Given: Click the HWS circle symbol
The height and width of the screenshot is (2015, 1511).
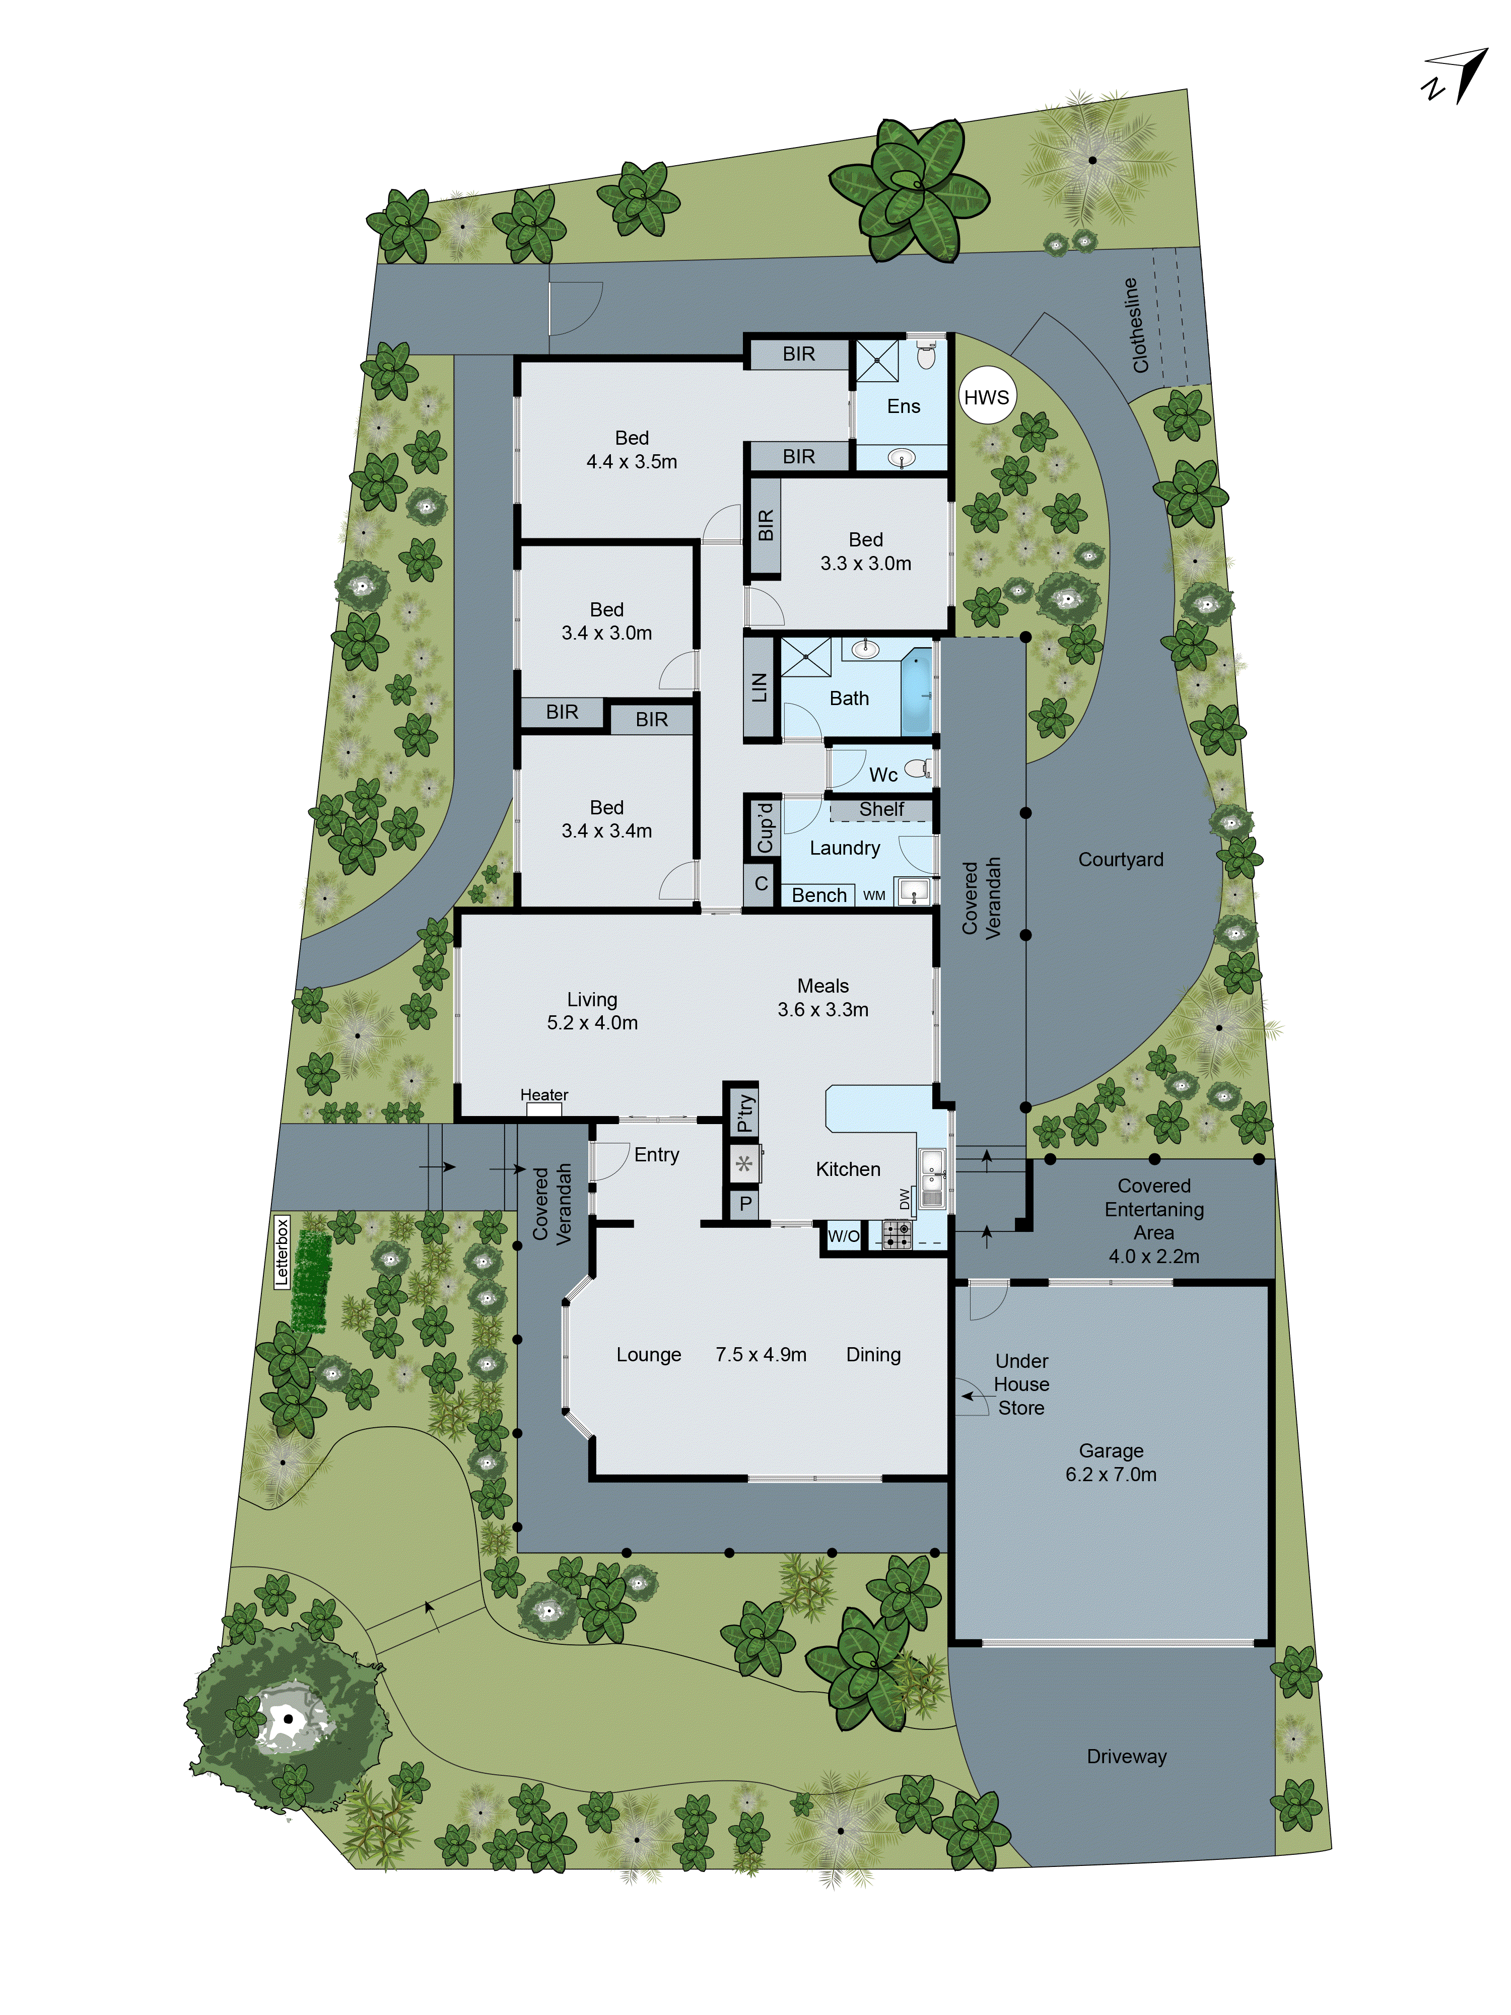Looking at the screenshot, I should point(986,396).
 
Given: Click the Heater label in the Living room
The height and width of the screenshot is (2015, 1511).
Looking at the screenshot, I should point(544,1095).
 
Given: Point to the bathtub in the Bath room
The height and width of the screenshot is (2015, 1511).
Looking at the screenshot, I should point(916,692).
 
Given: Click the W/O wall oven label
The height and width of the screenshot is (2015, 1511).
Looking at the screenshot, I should point(843,1236).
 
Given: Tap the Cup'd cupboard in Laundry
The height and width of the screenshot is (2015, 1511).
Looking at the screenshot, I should point(764,826).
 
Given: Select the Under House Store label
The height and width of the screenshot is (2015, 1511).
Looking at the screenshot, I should point(1021,1384).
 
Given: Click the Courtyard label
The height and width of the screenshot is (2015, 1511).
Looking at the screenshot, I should point(1120,859).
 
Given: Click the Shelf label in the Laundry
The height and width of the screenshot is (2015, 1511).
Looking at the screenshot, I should point(881,809).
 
